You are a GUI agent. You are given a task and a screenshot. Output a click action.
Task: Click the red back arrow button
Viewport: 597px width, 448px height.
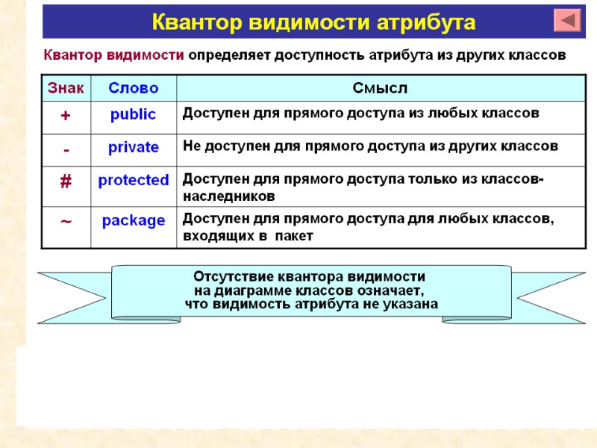click(567, 20)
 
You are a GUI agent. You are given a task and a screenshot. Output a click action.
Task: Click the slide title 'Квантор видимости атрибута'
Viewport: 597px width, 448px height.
click(313, 22)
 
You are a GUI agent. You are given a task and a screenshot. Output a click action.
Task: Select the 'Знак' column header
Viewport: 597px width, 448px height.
click(66, 88)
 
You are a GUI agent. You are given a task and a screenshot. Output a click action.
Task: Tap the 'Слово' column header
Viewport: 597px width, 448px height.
click(134, 88)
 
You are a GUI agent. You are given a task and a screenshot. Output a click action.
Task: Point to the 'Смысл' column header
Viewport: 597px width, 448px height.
click(380, 88)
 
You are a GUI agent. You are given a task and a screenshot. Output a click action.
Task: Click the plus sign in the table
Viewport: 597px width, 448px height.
click(66, 116)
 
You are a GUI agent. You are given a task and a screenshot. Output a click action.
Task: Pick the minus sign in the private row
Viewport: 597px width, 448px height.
click(66, 149)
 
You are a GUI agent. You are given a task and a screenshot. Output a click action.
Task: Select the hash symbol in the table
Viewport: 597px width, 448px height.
click(66, 182)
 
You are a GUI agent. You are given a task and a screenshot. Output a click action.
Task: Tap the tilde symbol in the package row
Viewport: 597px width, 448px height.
click(66, 222)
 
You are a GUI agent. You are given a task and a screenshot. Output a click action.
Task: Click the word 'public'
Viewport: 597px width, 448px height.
click(134, 114)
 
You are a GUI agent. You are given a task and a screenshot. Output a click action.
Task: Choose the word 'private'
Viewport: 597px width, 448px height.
click(134, 147)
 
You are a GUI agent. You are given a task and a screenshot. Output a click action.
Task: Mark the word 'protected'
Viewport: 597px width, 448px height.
click(134, 180)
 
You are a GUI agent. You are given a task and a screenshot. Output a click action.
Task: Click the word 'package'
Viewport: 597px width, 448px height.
click(134, 220)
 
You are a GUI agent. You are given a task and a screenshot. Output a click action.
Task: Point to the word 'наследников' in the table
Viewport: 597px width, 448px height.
click(229, 196)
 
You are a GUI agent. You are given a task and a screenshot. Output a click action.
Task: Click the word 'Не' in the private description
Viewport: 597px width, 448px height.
click(192, 146)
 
